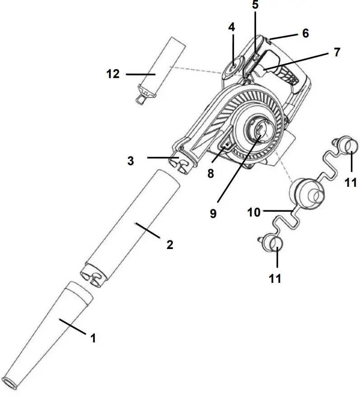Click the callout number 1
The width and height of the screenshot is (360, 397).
(93, 338)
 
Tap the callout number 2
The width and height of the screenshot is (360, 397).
(170, 245)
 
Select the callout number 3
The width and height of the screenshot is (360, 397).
(131, 161)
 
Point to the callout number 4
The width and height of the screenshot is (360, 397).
(232, 28)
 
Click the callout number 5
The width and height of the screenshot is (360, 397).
(255, 5)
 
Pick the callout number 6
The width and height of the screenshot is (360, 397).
(305, 33)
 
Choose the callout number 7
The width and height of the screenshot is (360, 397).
(337, 52)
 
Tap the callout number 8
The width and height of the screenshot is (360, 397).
(210, 173)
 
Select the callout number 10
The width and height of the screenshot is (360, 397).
(254, 212)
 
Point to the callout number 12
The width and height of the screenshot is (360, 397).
(113, 74)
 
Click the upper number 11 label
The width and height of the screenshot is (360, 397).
(351, 182)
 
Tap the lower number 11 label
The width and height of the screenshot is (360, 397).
(275, 278)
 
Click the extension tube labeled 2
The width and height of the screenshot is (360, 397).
(131, 226)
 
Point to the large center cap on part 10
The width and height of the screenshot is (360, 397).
(307, 193)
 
